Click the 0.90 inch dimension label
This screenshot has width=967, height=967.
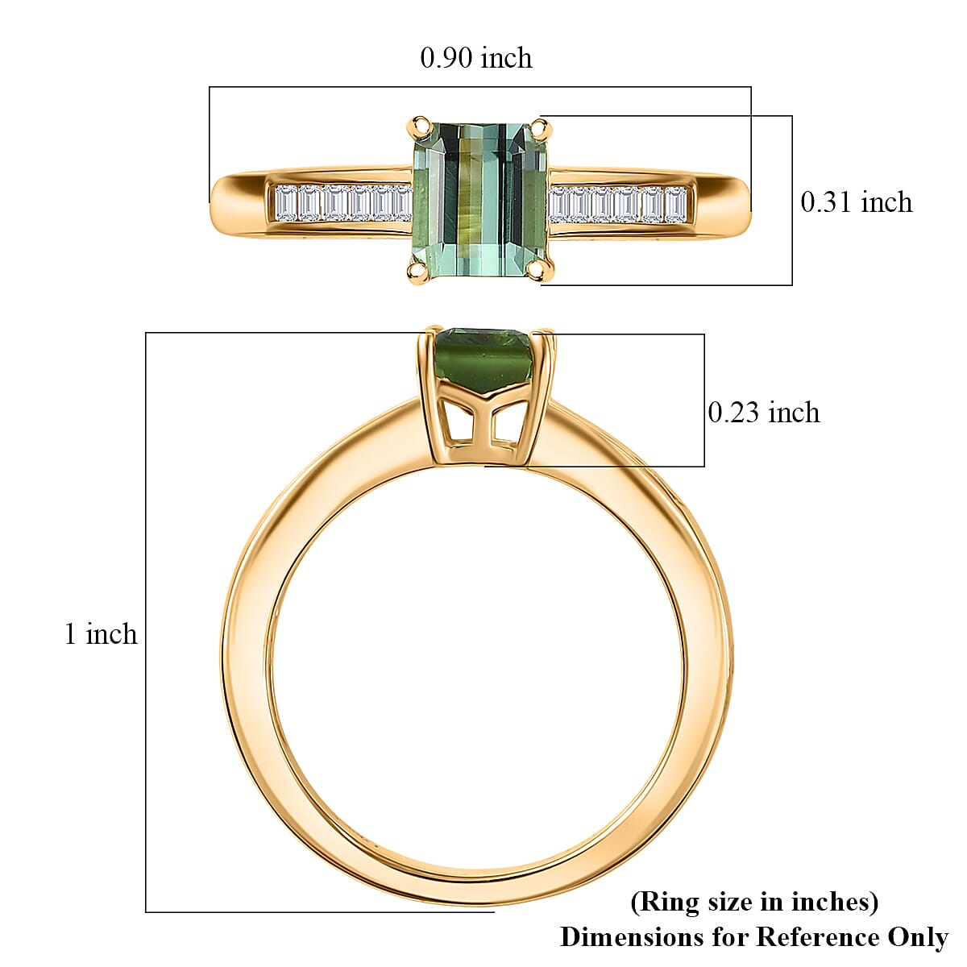click(475, 58)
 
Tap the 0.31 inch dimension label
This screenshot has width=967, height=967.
click(856, 201)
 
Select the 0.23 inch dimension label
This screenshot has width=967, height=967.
click(763, 413)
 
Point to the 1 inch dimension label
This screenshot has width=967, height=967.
click(101, 634)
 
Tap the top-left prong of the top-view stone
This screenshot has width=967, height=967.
click(419, 125)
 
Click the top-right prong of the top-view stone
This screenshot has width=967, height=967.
click(542, 127)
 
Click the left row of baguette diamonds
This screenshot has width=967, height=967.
click(342, 203)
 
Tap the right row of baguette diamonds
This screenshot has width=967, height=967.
click(619, 205)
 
